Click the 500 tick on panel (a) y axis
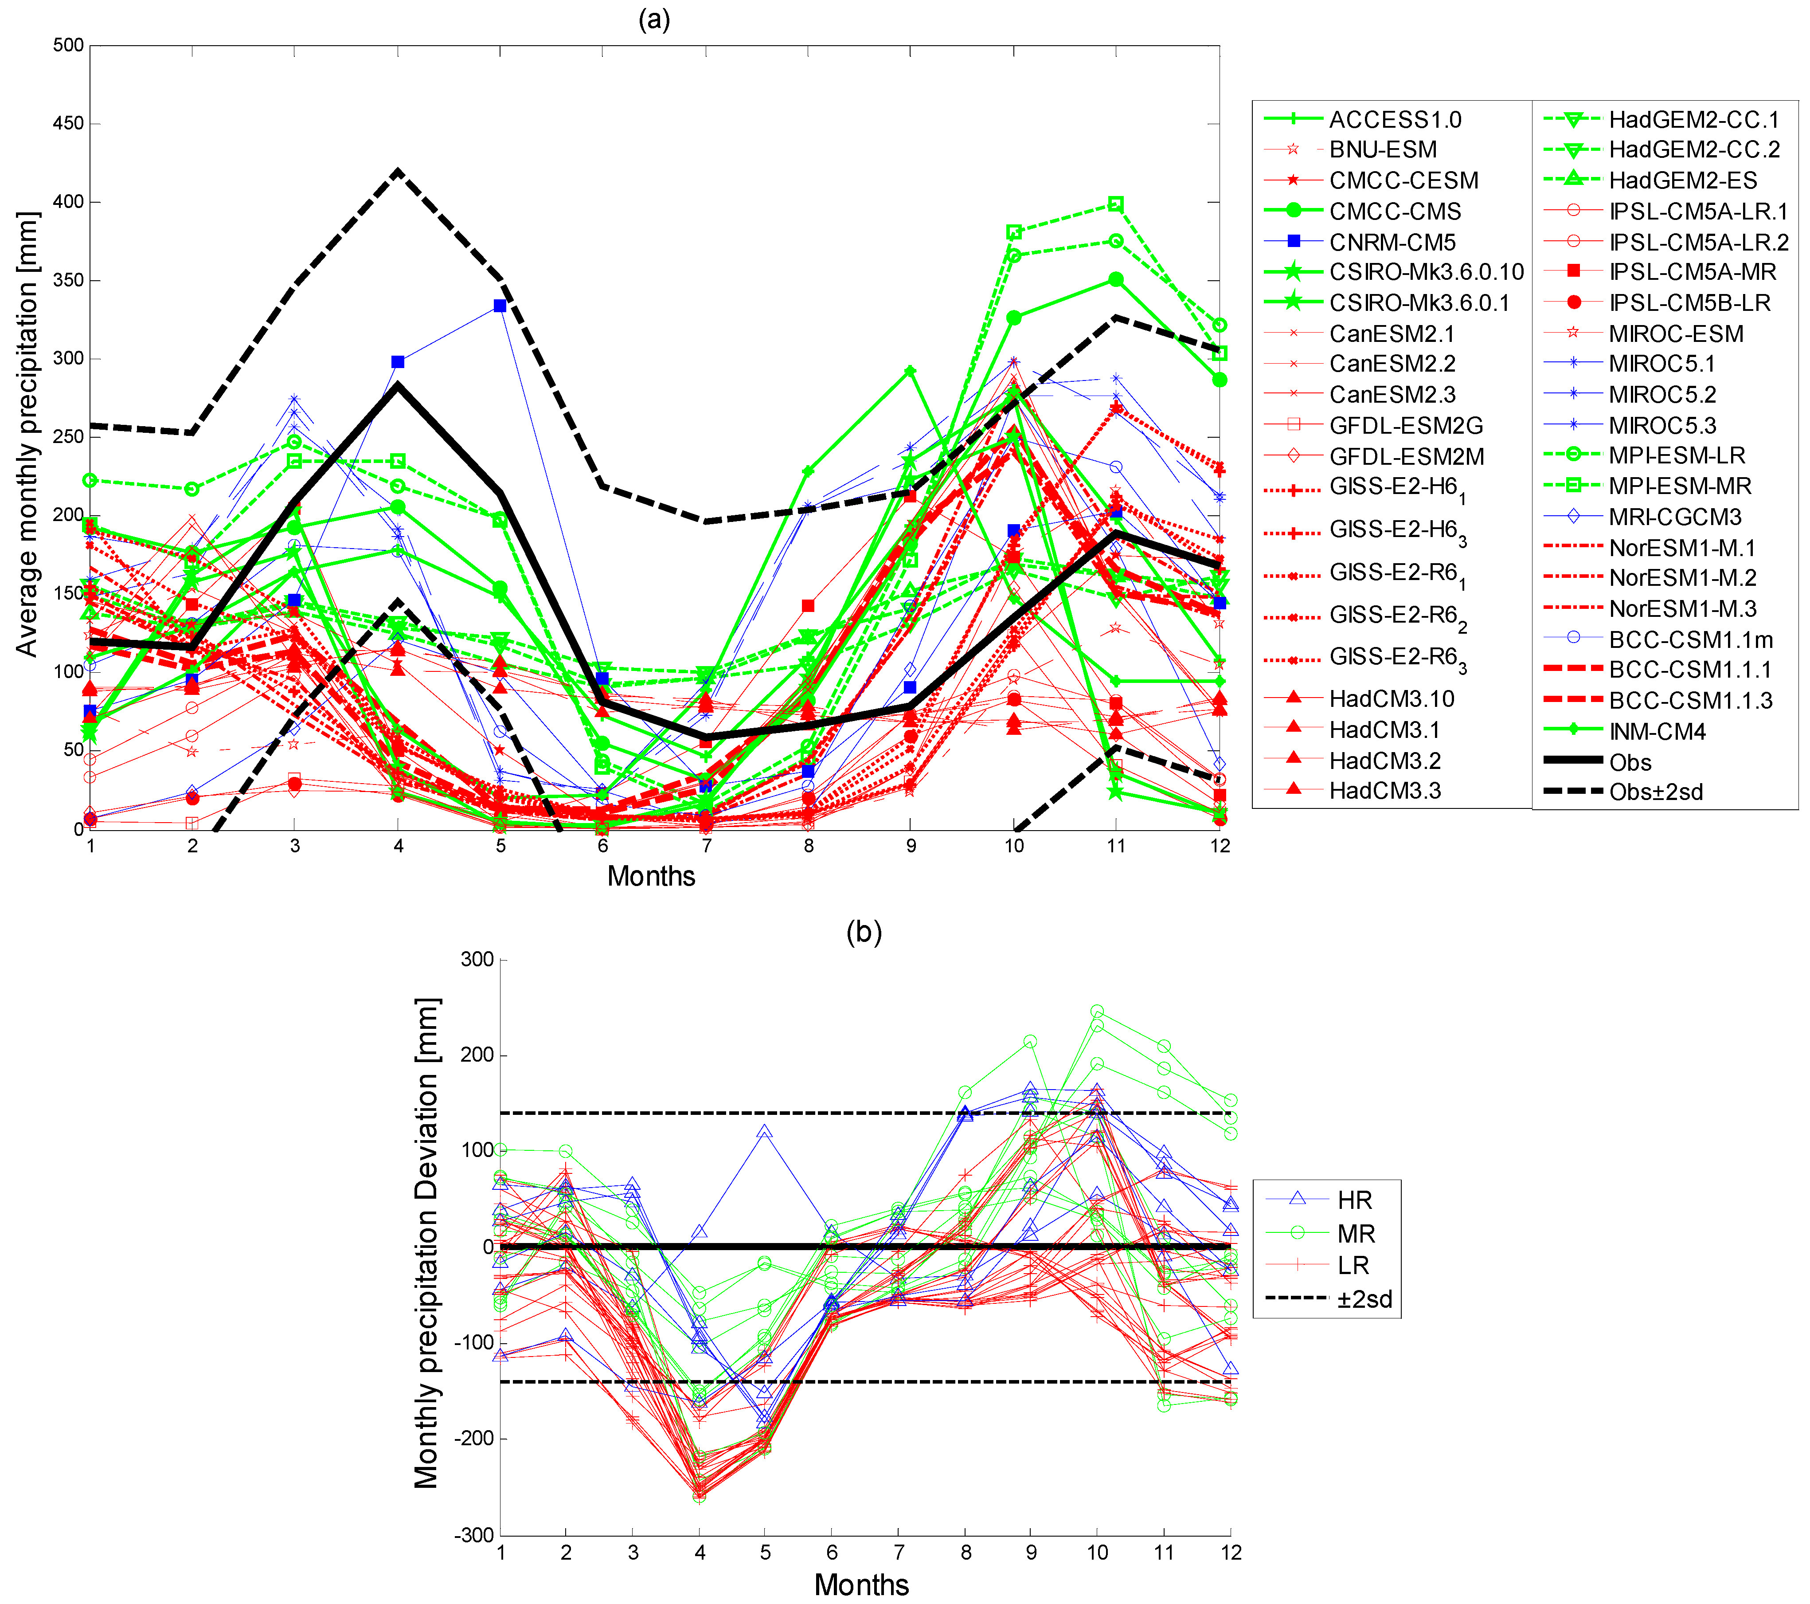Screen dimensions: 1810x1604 click(68, 45)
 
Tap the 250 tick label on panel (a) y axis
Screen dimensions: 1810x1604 click(68, 437)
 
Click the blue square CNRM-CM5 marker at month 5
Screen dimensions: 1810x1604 click(500, 306)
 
